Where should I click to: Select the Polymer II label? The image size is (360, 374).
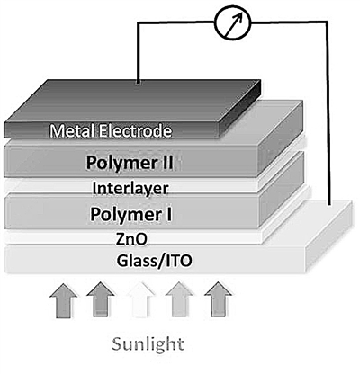pos(130,164)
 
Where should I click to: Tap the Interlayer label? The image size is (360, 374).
pos(130,189)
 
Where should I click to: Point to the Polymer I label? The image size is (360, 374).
pos(131,215)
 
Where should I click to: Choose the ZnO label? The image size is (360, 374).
pos(131,239)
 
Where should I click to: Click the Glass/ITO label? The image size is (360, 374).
pos(154,261)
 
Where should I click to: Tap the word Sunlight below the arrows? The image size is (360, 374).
pos(148,344)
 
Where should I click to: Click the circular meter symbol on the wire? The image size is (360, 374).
pos(232,22)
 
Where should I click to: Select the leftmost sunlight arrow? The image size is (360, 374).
pos(63,300)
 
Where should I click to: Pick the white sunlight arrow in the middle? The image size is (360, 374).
pos(141,299)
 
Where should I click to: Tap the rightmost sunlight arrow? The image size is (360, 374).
pos(218,299)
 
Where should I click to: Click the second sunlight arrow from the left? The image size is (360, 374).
pos(101,299)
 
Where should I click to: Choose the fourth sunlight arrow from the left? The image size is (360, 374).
pos(179,299)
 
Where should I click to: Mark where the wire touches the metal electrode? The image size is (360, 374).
pos(138,83)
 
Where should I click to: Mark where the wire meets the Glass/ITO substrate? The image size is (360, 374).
pos(329,204)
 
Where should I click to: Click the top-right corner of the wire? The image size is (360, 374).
pos(324,22)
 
